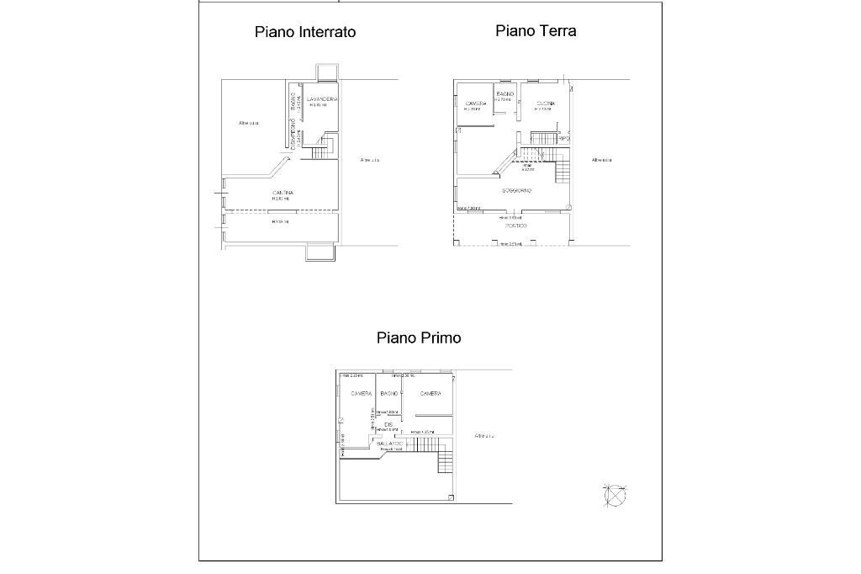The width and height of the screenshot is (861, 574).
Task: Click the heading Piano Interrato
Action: [x=305, y=32]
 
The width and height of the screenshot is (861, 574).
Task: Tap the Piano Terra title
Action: [x=536, y=31]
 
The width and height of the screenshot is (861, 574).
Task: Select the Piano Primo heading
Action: [x=419, y=337]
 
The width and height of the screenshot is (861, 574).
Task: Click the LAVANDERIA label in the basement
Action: [x=323, y=99]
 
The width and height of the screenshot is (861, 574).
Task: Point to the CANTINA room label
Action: [x=283, y=194]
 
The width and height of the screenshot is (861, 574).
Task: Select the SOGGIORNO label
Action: [x=516, y=191]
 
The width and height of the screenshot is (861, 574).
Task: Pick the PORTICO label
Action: [x=515, y=226]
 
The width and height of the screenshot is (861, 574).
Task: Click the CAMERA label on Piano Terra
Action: [x=476, y=104]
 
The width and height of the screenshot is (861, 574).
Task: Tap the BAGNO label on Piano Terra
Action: [x=504, y=93]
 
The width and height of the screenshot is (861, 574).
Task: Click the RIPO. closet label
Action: [x=564, y=138]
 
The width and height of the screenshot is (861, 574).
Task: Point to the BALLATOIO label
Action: [x=391, y=443]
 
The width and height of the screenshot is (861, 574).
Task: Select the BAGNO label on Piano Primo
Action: [x=389, y=393]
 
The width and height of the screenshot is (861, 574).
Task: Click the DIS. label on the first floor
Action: [x=388, y=423]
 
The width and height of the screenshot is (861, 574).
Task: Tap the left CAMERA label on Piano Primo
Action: [x=362, y=393]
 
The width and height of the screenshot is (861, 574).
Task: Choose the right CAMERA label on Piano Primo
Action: [x=430, y=393]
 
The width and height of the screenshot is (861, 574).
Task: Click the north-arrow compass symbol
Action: [x=615, y=496]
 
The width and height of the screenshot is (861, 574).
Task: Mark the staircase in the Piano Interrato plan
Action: [x=320, y=151]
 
